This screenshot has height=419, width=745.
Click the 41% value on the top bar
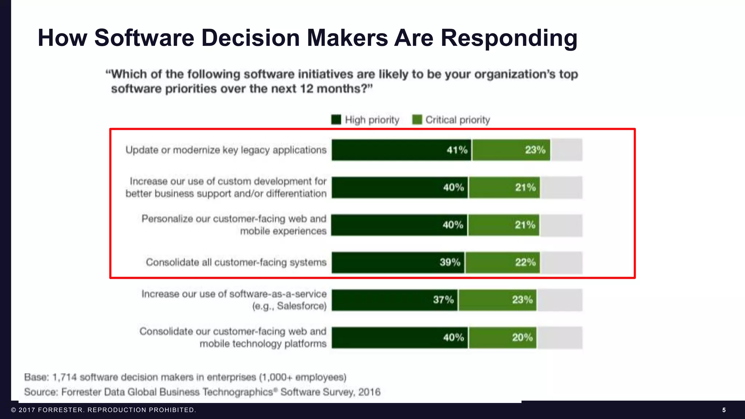point(457,150)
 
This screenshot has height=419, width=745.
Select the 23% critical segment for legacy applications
point(511,150)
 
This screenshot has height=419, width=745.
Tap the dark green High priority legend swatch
point(336,120)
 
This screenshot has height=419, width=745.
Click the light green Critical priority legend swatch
point(417,120)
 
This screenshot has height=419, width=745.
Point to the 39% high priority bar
point(398,263)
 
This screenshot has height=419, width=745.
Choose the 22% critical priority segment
point(503,263)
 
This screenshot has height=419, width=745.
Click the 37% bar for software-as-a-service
point(395,300)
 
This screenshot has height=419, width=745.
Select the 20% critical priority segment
point(503,338)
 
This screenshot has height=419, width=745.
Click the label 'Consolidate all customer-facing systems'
point(236,262)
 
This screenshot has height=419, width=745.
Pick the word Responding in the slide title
point(509,38)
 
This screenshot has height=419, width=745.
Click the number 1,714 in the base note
point(64,377)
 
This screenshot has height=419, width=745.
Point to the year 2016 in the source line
point(369,392)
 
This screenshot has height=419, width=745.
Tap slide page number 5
point(724,410)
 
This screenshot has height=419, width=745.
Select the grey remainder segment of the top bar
point(567,150)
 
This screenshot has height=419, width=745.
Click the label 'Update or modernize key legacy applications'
point(226,150)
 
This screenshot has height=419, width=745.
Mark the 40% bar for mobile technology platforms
point(399,338)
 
